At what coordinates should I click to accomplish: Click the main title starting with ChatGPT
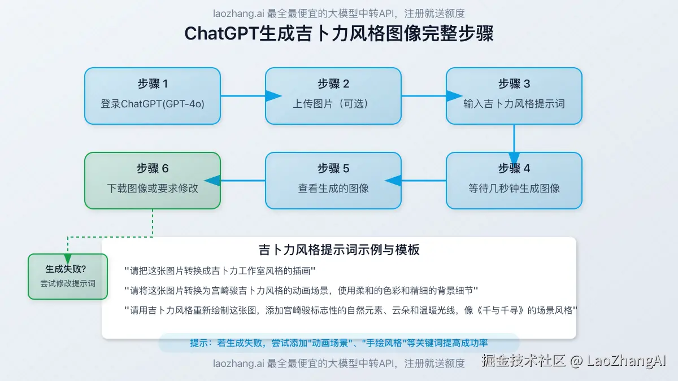coord(339,34)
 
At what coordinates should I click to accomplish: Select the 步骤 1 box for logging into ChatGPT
coord(153,96)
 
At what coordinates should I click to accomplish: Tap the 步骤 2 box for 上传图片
coord(333,96)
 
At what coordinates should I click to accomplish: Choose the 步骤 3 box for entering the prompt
coord(514,96)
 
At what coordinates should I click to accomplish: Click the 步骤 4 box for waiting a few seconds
coord(514,181)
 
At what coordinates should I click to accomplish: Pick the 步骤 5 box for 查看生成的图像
coord(333,181)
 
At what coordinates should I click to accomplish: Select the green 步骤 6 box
coord(153,181)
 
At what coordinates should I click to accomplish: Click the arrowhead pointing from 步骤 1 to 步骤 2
coord(273,96)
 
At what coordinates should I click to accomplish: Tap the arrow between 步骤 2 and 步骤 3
coord(424,96)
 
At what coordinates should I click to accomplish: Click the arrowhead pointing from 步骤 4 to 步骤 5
coord(393,181)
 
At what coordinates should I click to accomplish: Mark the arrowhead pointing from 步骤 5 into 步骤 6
coord(212,181)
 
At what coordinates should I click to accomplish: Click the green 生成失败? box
coord(68,277)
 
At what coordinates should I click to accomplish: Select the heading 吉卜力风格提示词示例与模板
coord(339,249)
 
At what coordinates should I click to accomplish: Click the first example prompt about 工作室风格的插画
coord(220,270)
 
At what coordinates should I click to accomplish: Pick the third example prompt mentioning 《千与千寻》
coord(350,310)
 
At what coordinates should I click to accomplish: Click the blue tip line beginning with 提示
coord(339,343)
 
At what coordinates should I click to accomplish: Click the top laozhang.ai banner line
coord(339,14)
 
